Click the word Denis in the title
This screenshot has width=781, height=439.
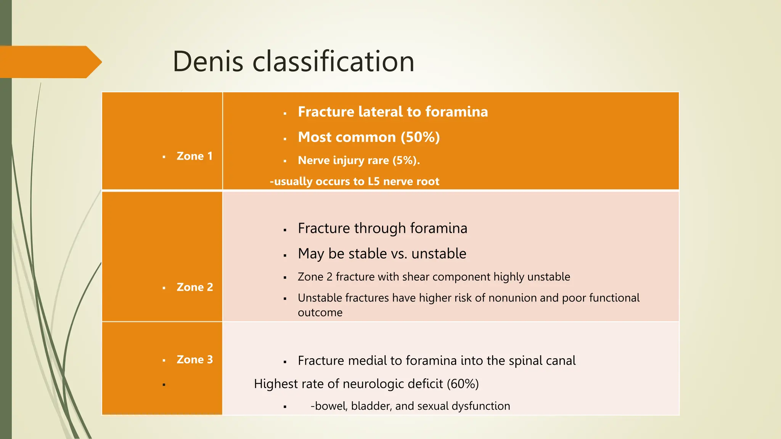[208, 62]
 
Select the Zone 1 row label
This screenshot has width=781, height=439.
[194, 156]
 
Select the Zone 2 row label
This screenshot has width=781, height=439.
[194, 287]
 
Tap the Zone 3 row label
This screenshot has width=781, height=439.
[194, 360]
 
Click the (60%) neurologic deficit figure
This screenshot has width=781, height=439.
[463, 384]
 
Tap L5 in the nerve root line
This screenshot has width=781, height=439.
[373, 181]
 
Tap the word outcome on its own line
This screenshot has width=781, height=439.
[320, 313]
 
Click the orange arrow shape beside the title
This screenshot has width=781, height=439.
[50, 62]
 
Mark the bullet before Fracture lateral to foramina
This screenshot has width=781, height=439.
[285, 113]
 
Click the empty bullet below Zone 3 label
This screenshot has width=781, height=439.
[164, 385]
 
